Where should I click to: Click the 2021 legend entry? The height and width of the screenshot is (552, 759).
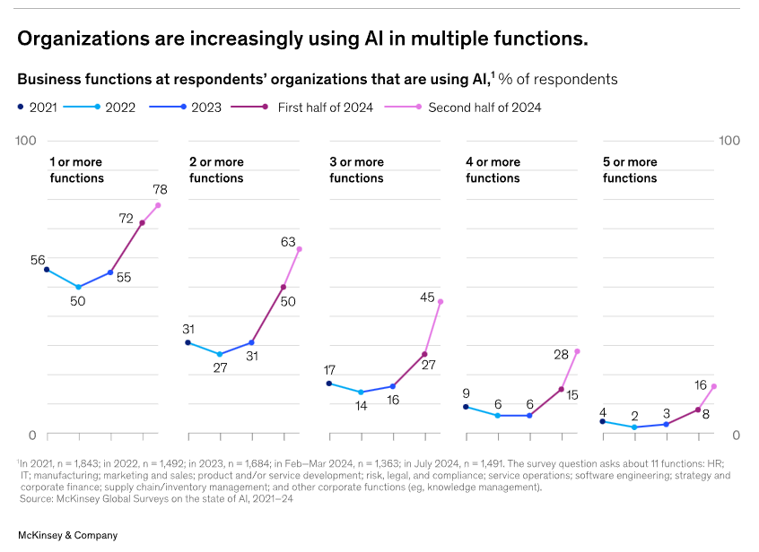point(37,108)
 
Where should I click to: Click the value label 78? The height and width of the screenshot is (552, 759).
point(160,190)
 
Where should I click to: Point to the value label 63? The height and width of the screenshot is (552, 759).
point(288,242)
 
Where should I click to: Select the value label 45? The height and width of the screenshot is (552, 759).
point(427,297)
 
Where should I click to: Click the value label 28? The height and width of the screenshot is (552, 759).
point(562,354)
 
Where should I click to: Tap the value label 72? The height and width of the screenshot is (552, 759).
point(126,219)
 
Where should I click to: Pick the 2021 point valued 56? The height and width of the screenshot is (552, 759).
point(47,270)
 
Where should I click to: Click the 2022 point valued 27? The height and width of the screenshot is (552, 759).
point(220,355)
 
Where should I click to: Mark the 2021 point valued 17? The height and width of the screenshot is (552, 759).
point(329,384)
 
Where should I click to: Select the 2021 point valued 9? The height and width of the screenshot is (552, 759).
point(466,407)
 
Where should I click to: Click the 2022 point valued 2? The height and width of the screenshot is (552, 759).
point(634,427)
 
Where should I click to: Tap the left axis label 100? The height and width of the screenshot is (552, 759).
point(26,142)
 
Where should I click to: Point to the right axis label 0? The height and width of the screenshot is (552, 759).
point(736,435)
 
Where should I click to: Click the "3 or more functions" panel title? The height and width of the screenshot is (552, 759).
point(356,170)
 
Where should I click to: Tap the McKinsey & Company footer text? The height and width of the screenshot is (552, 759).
point(67,535)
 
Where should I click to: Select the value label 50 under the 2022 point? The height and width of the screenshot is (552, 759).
point(78,300)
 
